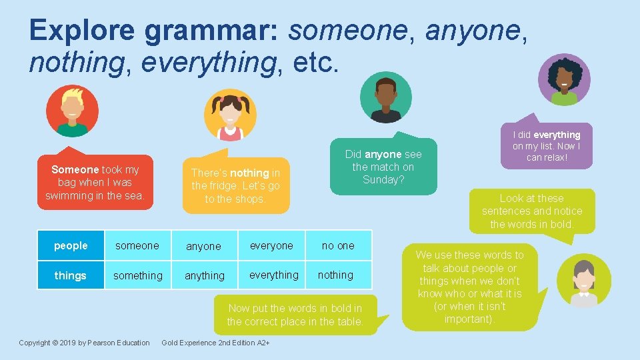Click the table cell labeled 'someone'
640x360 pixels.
pyautogui.click(x=137, y=246)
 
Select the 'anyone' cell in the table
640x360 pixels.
pyautogui.click(x=203, y=247)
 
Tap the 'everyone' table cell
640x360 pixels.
pyautogui.click(x=271, y=246)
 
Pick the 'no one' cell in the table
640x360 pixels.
pyautogui.click(x=338, y=246)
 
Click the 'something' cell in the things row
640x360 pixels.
pyautogui.click(x=137, y=275)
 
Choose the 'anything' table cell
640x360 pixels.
pyautogui.click(x=205, y=276)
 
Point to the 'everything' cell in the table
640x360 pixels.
pyautogui.click(x=273, y=275)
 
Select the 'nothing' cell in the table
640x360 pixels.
pyautogui.click(x=335, y=275)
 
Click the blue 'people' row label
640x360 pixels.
pyautogui.click(x=71, y=246)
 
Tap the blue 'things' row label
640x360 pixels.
pyautogui.click(x=71, y=275)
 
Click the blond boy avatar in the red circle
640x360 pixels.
pyautogui.click(x=72, y=111)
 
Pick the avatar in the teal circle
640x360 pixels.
pyautogui.click(x=386, y=97)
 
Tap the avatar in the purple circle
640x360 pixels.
pyautogui.click(x=565, y=80)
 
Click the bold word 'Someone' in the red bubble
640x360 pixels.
pyautogui.click(x=75, y=170)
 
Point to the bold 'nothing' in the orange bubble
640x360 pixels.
pyautogui.click(x=250, y=173)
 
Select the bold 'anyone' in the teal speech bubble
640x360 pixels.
pyautogui.click(x=383, y=155)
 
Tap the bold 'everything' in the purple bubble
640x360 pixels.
pyautogui.click(x=557, y=135)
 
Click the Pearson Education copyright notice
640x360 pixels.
pyautogui.click(x=84, y=343)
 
